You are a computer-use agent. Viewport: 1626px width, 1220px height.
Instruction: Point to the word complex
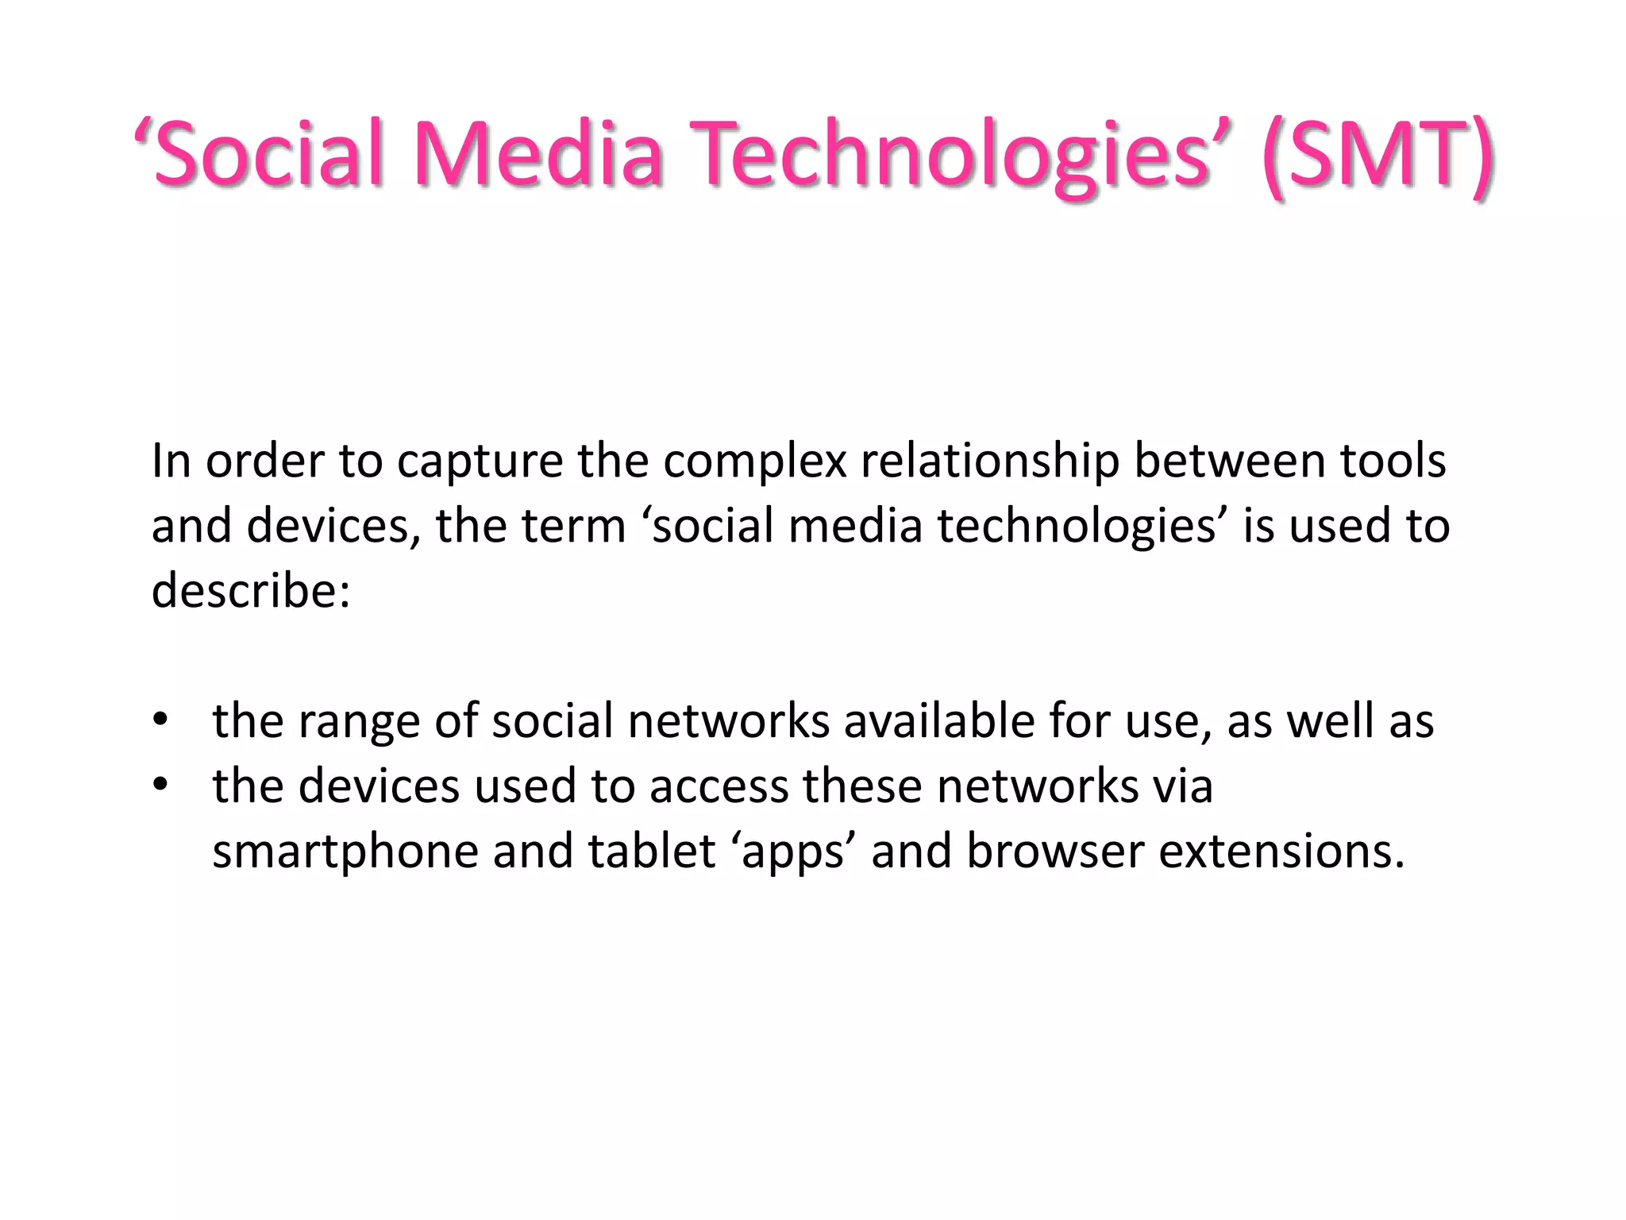(x=754, y=461)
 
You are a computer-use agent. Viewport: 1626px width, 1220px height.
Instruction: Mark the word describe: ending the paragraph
(x=251, y=592)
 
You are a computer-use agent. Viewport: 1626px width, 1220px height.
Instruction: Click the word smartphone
(x=345, y=852)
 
